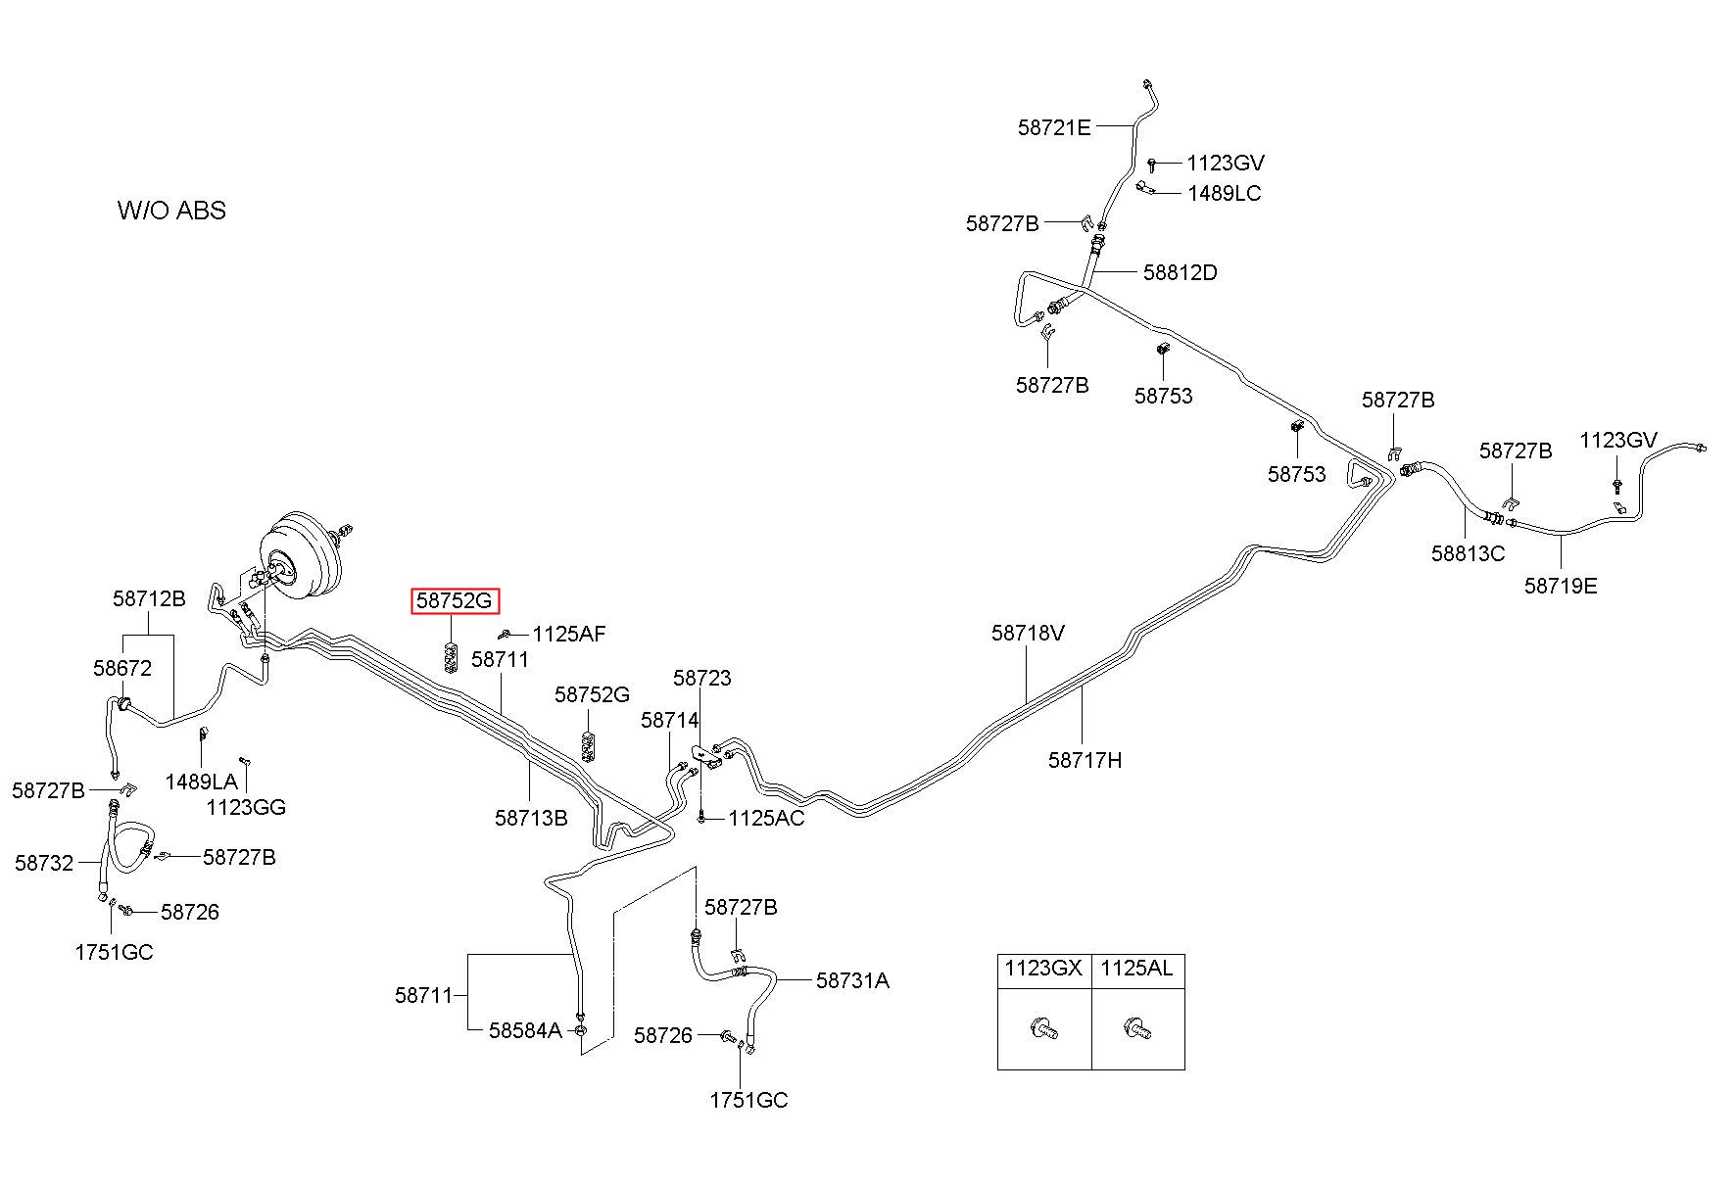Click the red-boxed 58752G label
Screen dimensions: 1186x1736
(455, 601)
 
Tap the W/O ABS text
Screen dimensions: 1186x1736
(171, 211)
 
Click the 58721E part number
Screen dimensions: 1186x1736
(1053, 127)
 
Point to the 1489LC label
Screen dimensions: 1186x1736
(1224, 194)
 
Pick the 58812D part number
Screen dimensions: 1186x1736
(1180, 273)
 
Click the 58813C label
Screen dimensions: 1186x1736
(1467, 553)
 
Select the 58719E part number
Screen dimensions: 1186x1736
(1560, 587)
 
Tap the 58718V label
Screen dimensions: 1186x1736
(1028, 634)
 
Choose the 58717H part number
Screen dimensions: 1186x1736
(1085, 760)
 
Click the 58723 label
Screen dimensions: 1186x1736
(701, 679)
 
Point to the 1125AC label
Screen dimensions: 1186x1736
(766, 819)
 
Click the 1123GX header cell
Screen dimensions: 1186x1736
(1043, 970)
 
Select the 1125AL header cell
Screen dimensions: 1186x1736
(1136, 970)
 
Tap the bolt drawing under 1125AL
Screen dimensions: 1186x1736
(1138, 1029)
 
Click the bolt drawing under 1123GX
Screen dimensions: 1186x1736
(1044, 1029)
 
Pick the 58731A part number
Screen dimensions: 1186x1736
(852, 980)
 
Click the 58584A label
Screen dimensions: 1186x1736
(525, 1030)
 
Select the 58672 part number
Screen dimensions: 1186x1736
(122, 669)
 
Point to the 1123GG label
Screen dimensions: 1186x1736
(246, 808)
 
